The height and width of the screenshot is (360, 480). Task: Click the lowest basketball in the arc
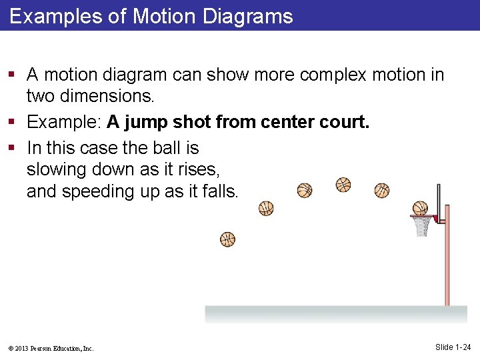pyautogui.click(x=228, y=239)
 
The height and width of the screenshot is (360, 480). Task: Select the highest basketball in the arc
pyautogui.click(x=343, y=184)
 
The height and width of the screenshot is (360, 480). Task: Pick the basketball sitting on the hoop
pyautogui.click(x=420, y=209)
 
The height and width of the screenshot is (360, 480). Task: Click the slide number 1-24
pyautogui.click(x=453, y=347)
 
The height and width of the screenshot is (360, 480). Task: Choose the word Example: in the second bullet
pyautogui.click(x=64, y=123)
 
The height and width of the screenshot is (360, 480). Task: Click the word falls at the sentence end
pyautogui.click(x=219, y=191)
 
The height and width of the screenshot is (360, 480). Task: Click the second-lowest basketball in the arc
pyautogui.click(x=266, y=209)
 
